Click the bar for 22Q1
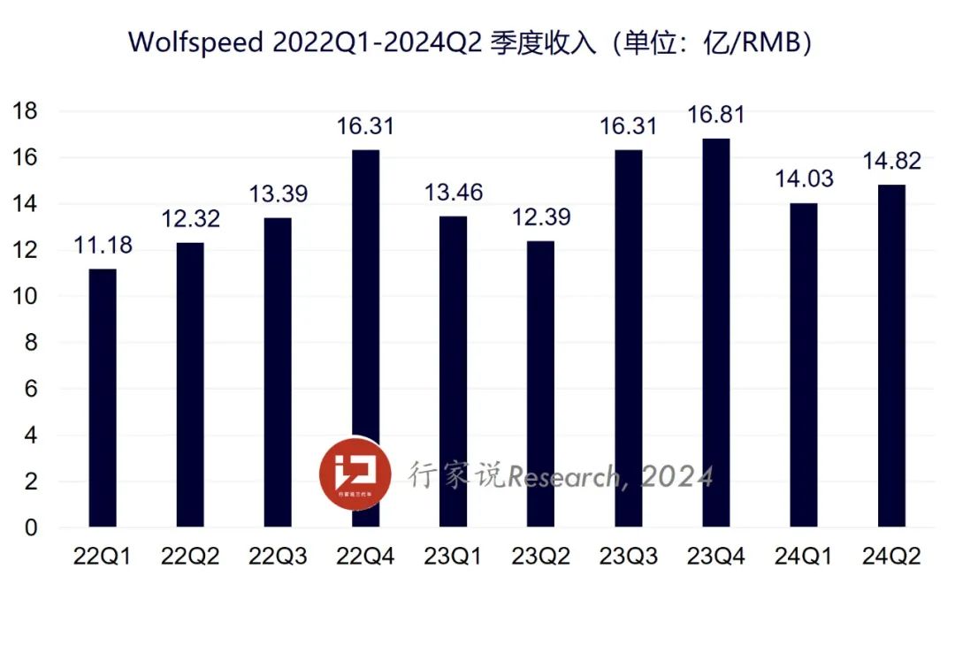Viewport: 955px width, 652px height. [x=103, y=398]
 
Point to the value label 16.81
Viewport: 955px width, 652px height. [x=716, y=115]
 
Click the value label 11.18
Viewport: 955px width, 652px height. [x=103, y=246]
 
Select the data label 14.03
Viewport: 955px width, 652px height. [x=804, y=180]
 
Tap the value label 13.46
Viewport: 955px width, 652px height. [x=454, y=193]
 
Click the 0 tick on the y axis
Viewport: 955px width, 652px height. [x=31, y=528]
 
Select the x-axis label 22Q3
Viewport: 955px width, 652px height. [x=278, y=557]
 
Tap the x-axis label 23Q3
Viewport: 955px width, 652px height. [x=629, y=557]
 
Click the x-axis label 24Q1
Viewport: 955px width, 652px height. [x=804, y=557]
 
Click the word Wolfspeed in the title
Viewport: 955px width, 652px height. [x=195, y=42]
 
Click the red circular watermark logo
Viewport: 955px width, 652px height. [x=354, y=474]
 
